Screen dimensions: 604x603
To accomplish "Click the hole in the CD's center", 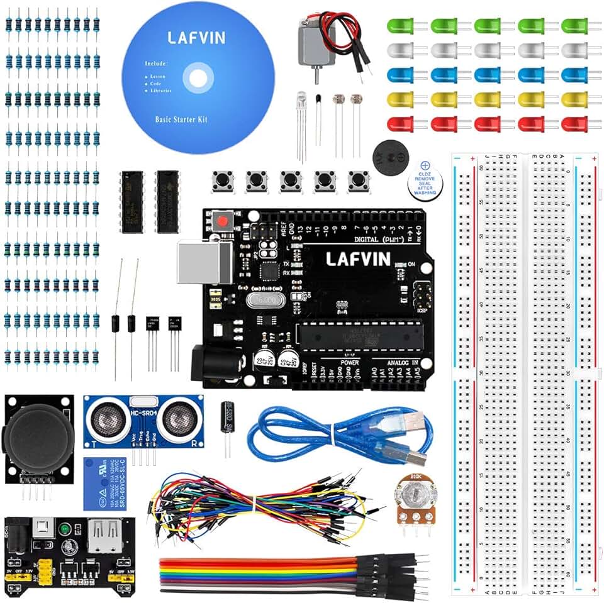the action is pos(198,78).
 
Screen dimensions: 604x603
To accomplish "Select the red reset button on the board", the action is pos(221,221).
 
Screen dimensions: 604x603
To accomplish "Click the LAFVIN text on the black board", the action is pos(358,258).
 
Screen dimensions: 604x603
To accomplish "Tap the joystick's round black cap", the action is pos(37,434).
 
